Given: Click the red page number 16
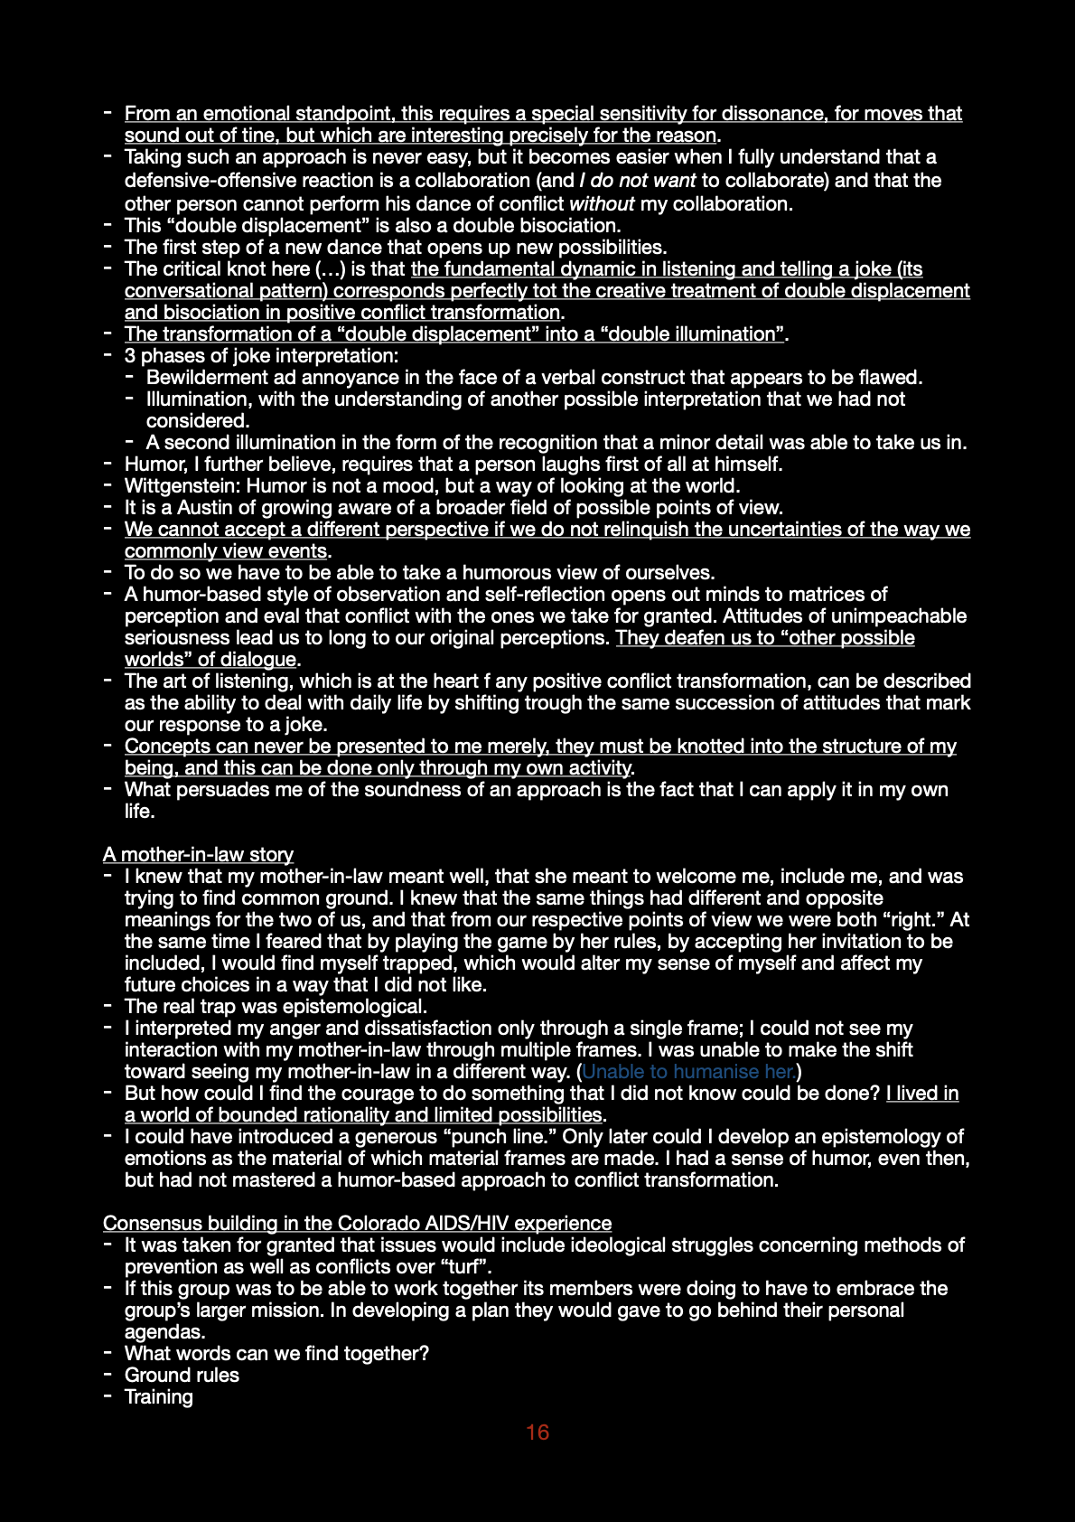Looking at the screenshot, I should point(537,1433).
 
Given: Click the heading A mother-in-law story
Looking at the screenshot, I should point(198,854).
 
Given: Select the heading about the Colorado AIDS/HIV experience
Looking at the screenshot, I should point(357,1223).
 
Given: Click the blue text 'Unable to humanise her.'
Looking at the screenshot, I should point(688,1071).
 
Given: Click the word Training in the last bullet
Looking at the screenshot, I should point(159,1396).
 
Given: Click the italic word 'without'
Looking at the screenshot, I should point(602,203).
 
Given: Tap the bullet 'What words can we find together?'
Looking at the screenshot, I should point(276,1353).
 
